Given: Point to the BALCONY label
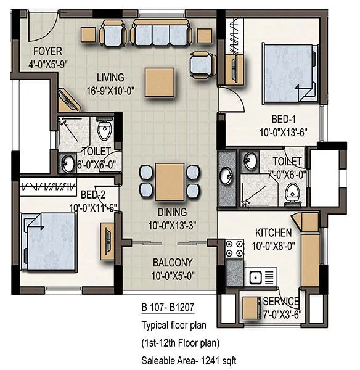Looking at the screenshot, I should click(x=173, y=261).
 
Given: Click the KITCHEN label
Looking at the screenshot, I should click(x=274, y=232).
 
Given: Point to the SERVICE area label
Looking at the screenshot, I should click(x=281, y=302).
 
